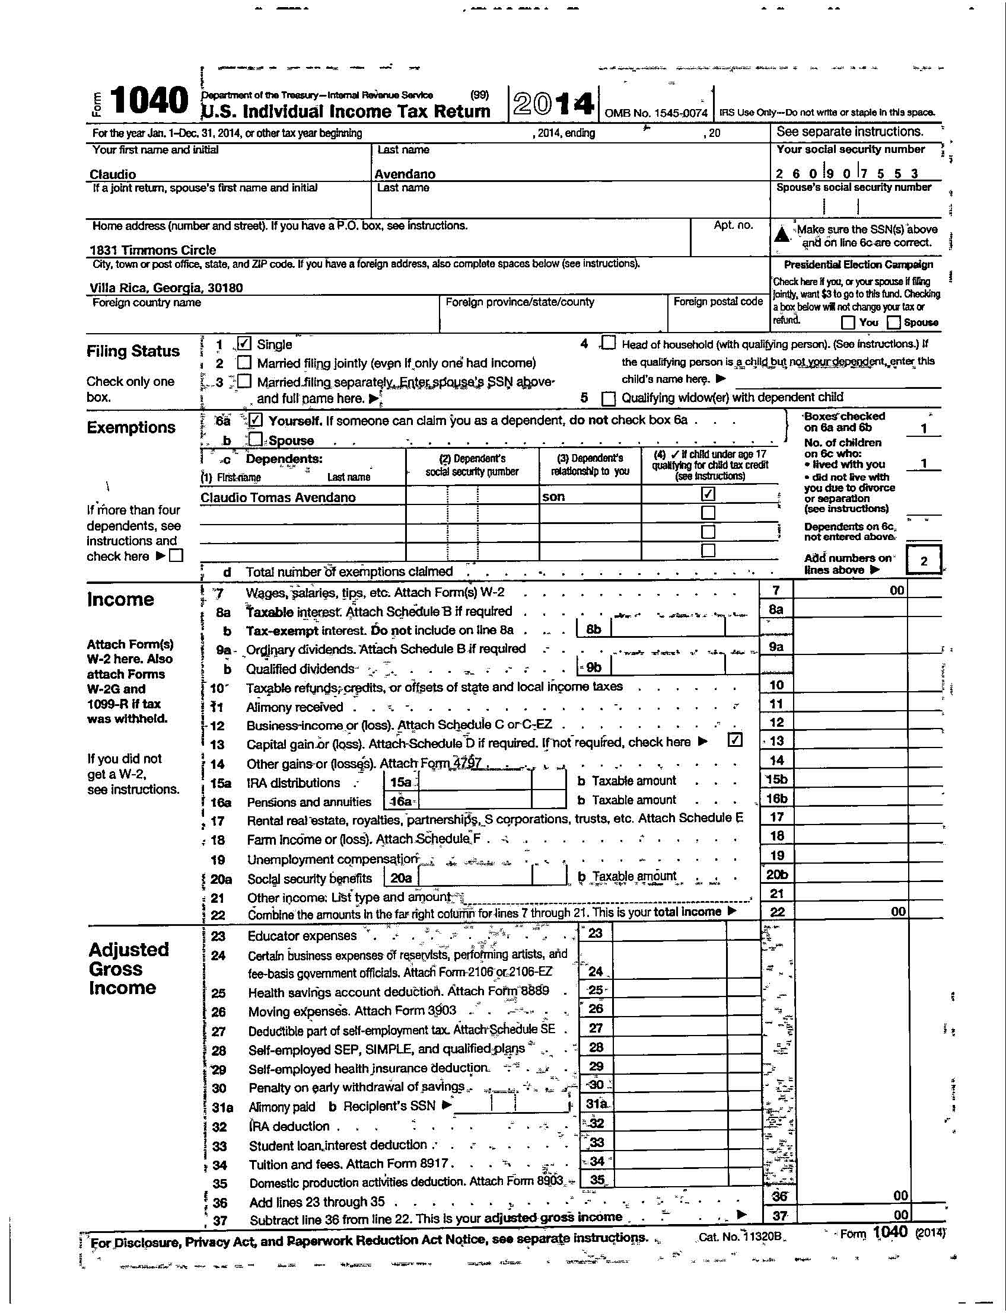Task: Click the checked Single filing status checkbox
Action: [x=244, y=343]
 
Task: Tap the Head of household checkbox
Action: [x=609, y=343]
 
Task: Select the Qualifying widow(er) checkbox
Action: [x=609, y=398]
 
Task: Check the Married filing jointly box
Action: [x=244, y=363]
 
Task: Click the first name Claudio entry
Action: [x=113, y=174]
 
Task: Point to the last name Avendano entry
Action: [x=405, y=174]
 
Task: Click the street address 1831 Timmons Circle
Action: [x=152, y=250]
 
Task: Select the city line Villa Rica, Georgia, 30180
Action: [x=166, y=288]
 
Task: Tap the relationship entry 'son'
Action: [x=553, y=497]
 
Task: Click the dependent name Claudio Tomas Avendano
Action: [x=278, y=497]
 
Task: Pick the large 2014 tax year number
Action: [x=553, y=104]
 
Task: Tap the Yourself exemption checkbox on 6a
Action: [x=255, y=420]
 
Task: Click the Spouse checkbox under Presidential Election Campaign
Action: [x=894, y=322]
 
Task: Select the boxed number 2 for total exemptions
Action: [x=924, y=561]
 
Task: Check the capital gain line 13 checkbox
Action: [x=736, y=740]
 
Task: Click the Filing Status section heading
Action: [x=133, y=352]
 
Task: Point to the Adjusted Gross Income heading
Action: [x=129, y=969]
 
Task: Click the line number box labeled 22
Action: [x=776, y=912]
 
